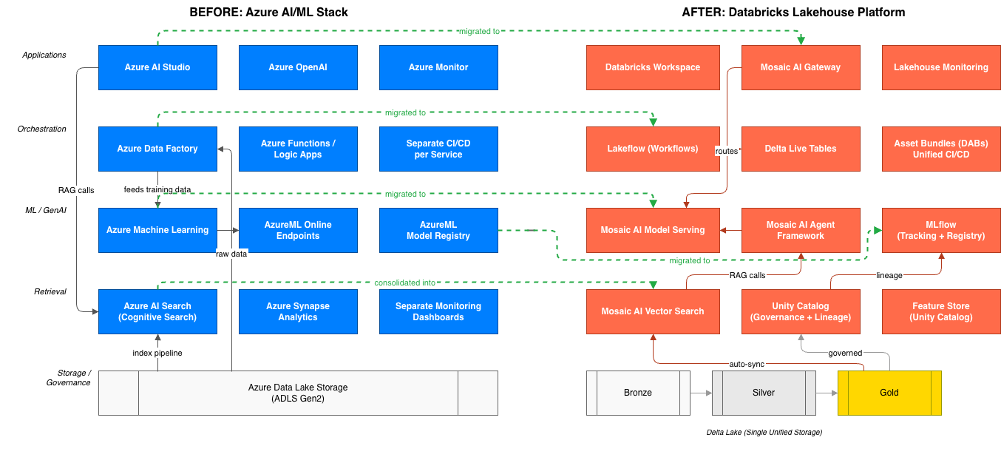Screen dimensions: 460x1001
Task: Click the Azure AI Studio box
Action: (157, 67)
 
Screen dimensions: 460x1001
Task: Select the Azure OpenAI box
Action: (298, 67)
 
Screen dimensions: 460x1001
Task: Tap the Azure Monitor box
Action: (438, 67)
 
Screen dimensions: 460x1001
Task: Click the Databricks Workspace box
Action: (653, 67)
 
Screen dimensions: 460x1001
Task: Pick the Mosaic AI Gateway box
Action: (801, 67)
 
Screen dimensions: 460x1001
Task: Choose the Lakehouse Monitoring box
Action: (941, 67)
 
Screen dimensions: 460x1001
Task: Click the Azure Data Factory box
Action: (157, 149)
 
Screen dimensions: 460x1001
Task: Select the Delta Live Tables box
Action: (801, 149)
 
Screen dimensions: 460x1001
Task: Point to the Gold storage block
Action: (889, 393)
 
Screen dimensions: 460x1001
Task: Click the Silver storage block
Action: (764, 393)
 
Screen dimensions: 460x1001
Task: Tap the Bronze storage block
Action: (638, 393)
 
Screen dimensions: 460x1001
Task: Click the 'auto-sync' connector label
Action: (747, 364)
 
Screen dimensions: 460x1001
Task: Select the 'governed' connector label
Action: (845, 353)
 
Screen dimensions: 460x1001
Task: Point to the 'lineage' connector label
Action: (889, 275)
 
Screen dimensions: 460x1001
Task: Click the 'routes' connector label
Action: (727, 151)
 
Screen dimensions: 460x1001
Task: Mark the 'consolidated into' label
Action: (405, 283)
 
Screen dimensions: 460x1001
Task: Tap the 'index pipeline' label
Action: (157, 353)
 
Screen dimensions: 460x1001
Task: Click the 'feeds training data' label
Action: (157, 190)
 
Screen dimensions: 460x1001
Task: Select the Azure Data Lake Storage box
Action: (298, 393)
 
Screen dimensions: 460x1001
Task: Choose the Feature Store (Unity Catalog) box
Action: (941, 311)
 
